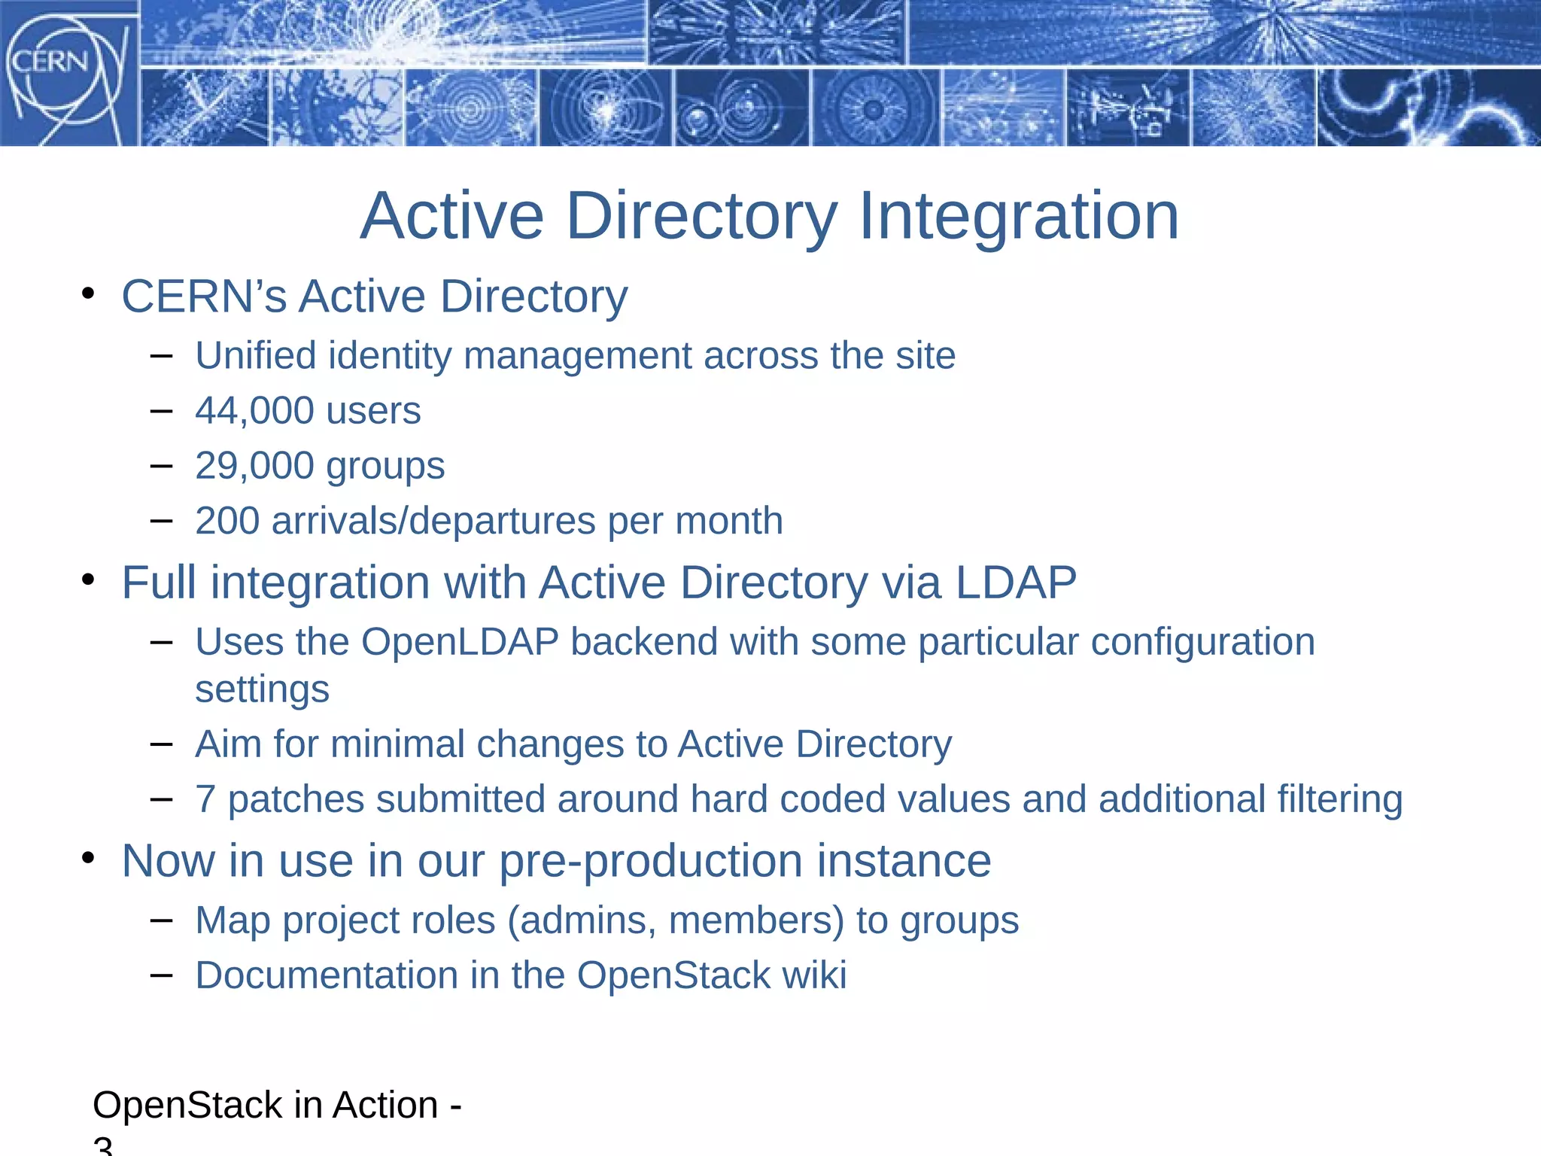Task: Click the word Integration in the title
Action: (1018, 217)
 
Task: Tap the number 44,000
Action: (254, 411)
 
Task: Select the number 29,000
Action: (254, 466)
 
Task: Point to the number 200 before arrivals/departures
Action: (227, 521)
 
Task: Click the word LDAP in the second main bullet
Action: (1016, 583)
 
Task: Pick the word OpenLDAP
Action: (460, 642)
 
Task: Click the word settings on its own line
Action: (262, 689)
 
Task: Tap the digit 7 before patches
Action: (205, 799)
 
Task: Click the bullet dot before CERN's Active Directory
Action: (89, 294)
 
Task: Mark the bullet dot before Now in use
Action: (89, 859)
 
